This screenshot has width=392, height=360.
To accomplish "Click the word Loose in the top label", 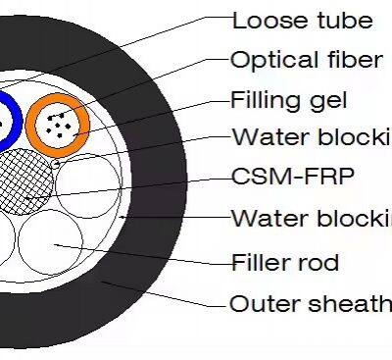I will click(x=264, y=21).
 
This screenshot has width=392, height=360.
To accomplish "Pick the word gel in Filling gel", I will click(x=330, y=100).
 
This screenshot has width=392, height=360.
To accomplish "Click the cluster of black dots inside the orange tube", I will click(x=62, y=124).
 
